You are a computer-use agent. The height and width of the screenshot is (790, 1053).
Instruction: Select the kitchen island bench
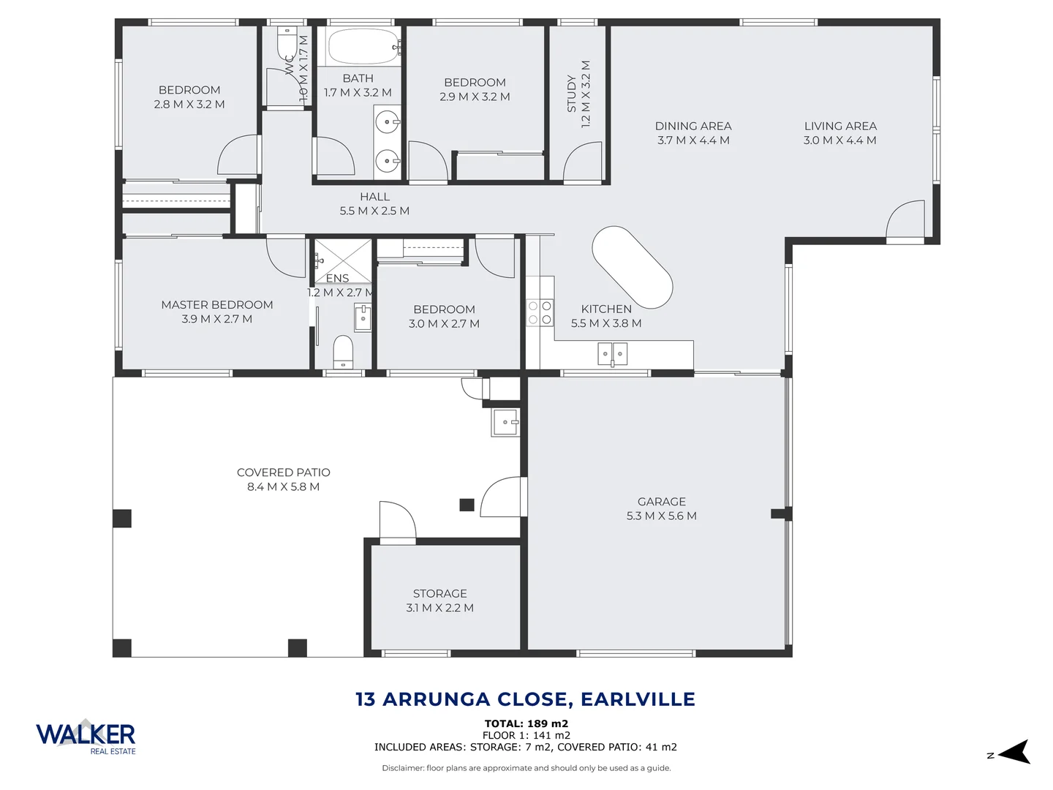632,267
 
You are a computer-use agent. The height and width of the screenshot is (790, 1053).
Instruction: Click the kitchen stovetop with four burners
540,312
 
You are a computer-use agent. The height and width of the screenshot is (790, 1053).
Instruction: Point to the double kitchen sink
613,355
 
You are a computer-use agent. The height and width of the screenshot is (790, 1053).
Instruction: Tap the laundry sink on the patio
505,422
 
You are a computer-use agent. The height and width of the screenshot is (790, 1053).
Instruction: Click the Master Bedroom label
217,305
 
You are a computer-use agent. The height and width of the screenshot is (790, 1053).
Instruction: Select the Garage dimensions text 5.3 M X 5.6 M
661,516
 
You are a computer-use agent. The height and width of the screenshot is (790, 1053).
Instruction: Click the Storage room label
439,593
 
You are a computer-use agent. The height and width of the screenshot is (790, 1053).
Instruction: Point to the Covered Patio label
284,473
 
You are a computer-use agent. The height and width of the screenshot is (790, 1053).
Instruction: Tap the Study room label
572,94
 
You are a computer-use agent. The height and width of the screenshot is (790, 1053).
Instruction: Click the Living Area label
840,126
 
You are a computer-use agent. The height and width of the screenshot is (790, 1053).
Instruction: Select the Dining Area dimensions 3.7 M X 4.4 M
693,140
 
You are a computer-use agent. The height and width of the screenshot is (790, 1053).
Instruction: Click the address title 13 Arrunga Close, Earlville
525,699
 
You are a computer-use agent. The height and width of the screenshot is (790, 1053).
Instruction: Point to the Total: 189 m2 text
526,723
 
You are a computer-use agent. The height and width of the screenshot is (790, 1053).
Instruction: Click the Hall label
374,197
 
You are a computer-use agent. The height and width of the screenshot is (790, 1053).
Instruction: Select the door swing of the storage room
397,521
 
